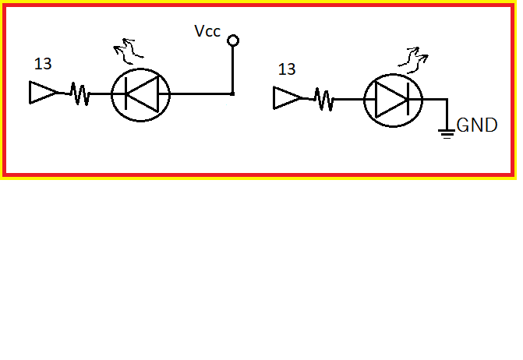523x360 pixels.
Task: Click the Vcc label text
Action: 207,32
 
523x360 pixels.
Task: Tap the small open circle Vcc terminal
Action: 232,41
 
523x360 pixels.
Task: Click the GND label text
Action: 477,125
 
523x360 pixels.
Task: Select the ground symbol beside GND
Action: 447,132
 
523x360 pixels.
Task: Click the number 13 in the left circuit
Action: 44,64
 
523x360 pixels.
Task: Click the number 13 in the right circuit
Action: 286,69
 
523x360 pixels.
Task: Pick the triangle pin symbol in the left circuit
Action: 43,94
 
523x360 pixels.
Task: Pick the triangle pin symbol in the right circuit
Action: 286,99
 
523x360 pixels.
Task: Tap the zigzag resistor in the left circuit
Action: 80,94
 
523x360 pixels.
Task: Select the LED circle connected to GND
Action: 393,100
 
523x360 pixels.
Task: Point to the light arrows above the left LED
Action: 125,53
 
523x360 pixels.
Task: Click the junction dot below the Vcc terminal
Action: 232,94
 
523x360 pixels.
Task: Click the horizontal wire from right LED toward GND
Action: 434,100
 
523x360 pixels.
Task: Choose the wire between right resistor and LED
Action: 349,100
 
